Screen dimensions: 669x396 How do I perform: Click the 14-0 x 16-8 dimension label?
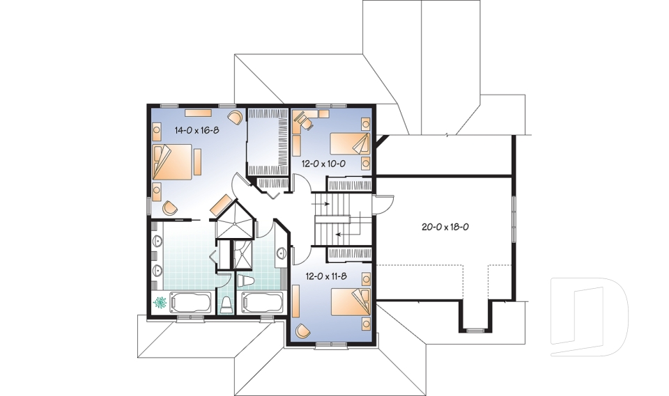point(197,130)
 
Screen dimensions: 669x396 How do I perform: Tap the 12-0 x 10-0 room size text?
point(323,164)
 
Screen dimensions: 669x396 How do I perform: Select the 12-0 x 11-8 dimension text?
point(326,276)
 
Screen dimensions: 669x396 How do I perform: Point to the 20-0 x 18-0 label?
point(445,227)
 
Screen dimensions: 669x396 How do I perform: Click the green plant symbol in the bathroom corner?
point(160,302)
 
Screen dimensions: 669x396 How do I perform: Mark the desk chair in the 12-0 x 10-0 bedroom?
point(304,119)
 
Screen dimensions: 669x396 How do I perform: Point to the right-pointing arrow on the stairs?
point(321,204)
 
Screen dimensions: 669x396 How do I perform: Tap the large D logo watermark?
point(590,316)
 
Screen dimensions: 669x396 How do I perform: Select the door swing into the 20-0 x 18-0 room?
point(383,205)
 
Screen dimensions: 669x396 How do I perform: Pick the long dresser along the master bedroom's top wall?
point(198,113)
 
